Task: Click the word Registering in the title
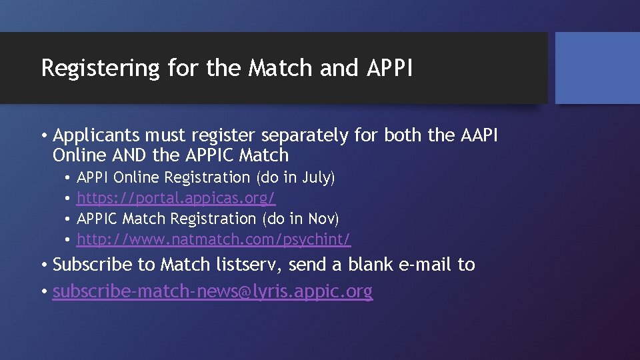pos(100,68)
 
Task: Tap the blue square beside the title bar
pos(597,68)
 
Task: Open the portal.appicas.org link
pos(176,198)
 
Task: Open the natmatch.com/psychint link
pos(213,239)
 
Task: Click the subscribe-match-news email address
pos(213,291)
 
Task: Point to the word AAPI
pos(479,135)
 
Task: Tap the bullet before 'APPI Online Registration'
pos(68,178)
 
